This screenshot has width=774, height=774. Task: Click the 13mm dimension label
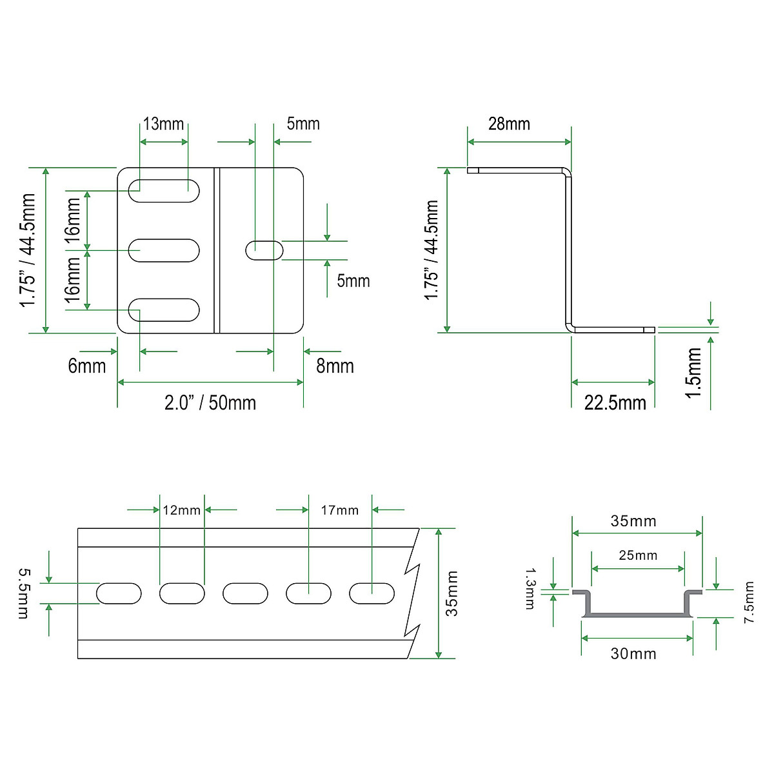click(x=163, y=124)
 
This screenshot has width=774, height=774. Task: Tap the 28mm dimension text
click(x=509, y=124)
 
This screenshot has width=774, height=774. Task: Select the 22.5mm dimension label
click(x=615, y=403)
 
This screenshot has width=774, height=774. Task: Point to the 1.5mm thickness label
click(x=693, y=373)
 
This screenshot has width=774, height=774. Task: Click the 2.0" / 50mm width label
click(x=210, y=403)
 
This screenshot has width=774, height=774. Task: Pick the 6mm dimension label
click(x=87, y=366)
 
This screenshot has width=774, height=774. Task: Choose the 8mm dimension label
click(x=335, y=366)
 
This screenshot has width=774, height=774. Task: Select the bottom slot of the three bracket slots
click(x=164, y=310)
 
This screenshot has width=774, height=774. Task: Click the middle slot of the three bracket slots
click(x=164, y=250)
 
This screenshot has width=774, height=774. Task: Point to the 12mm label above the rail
click(x=181, y=510)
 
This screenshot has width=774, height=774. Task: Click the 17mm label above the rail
click(x=340, y=510)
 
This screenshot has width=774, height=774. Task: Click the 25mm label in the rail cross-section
click(x=638, y=555)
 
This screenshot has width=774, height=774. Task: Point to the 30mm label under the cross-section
click(x=633, y=654)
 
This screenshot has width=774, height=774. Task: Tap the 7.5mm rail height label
click(x=748, y=602)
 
